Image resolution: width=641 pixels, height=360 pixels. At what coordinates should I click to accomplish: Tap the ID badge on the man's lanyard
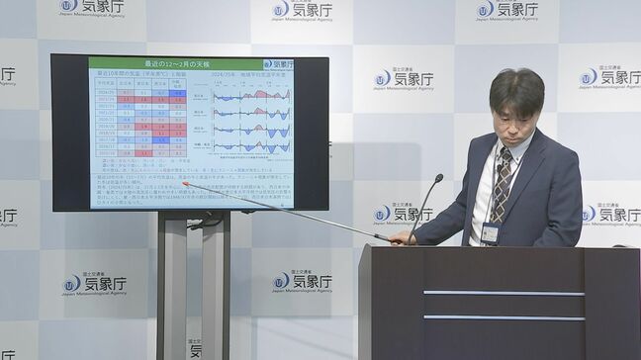490,233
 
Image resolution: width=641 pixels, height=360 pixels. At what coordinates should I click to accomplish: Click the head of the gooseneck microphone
438,179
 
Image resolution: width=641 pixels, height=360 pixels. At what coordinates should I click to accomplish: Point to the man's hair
516,88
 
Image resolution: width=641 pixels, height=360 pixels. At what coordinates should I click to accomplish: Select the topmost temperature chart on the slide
252,96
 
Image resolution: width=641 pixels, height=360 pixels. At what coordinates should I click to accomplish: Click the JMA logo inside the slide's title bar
278,63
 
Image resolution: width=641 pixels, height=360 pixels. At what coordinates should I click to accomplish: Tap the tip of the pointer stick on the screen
184,183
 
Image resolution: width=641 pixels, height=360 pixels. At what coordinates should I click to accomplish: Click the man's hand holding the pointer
398,238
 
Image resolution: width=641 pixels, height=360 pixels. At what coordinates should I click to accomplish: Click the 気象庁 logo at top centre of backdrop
302,10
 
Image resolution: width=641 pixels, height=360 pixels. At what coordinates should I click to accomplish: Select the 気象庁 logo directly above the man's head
506,10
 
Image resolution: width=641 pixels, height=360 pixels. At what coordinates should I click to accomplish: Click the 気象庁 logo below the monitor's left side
95,285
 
